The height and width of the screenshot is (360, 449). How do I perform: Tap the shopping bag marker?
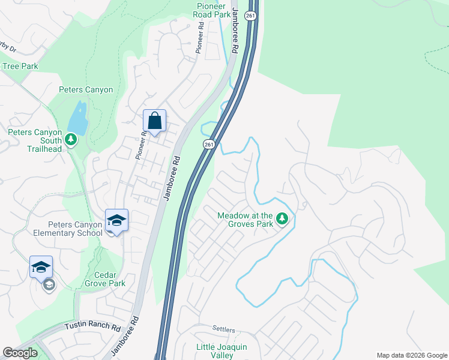(154, 121)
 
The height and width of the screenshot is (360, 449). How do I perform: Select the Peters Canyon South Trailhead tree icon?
(71, 140)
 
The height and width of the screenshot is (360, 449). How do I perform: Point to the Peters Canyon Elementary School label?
(68, 229)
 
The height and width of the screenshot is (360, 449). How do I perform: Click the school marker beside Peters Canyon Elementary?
(116, 220)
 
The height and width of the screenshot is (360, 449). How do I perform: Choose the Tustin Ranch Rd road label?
(92, 328)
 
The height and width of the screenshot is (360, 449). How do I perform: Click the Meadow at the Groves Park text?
(245, 220)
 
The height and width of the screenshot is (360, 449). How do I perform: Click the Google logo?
(20, 353)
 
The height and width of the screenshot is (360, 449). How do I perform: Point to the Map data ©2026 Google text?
(411, 355)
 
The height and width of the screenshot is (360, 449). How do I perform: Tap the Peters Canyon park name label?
(86, 90)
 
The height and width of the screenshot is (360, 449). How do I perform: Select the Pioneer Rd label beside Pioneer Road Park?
(200, 38)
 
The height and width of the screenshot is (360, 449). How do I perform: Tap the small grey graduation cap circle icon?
(49, 285)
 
